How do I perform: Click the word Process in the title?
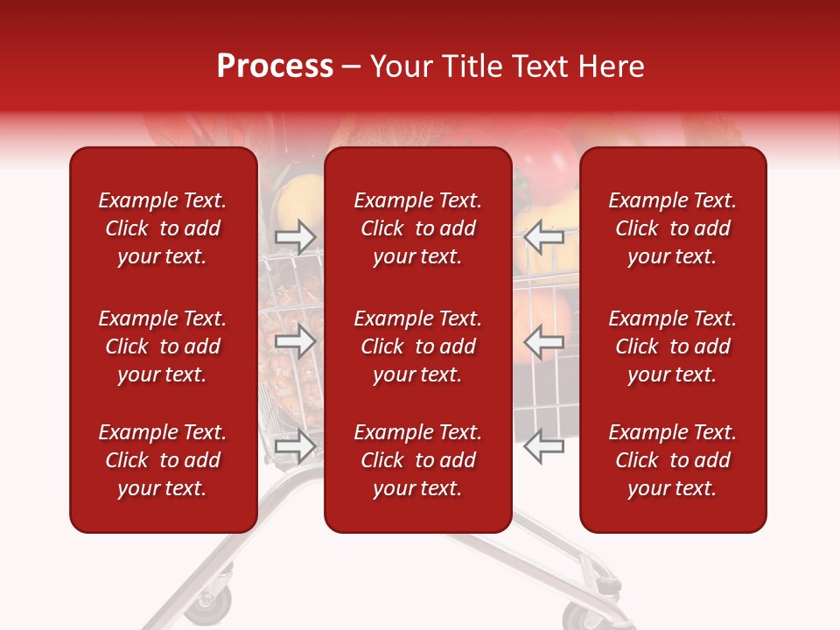[x=275, y=66]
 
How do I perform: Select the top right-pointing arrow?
[x=296, y=236]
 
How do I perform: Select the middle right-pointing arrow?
[x=296, y=341]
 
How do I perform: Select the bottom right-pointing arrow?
[x=296, y=446]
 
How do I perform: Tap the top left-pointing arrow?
[x=544, y=236]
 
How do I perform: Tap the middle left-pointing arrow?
[x=544, y=341]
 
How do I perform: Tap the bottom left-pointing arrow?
[x=544, y=446]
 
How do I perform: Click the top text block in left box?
[x=163, y=228]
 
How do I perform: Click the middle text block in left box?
[x=163, y=346]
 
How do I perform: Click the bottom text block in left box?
[x=163, y=460]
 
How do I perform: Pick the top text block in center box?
[x=418, y=228]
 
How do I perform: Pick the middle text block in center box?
[x=418, y=346]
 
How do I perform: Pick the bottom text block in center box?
[x=418, y=460]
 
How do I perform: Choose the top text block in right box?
[x=673, y=228]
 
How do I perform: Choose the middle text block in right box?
[x=673, y=346]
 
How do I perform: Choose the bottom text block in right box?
[x=673, y=460]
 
